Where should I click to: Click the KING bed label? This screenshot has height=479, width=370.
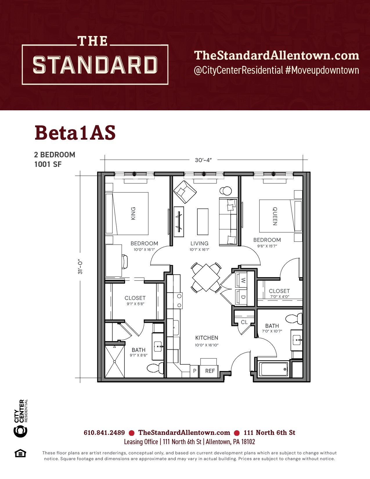(133, 213)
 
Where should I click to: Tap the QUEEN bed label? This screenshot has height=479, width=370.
(275, 216)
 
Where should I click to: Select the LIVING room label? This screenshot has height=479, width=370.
(199, 243)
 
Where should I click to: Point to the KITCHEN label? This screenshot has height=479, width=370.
(207, 338)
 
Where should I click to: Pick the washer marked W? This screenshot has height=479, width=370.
(242, 280)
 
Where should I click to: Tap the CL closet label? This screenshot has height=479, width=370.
(244, 322)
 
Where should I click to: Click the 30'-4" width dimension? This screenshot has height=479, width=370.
(203, 160)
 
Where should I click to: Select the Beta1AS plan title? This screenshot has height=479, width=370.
(75, 133)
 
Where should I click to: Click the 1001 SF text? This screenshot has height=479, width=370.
(48, 164)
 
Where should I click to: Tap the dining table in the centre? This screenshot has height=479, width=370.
(206, 278)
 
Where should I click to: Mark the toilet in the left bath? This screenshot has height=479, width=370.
(155, 368)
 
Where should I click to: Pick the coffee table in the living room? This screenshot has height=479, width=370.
(203, 222)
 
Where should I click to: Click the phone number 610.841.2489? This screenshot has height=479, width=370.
(104, 433)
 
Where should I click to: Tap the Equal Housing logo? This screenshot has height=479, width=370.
(20, 453)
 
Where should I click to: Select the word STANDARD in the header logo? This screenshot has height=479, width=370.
(95, 65)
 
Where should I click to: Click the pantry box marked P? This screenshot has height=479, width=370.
(194, 371)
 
